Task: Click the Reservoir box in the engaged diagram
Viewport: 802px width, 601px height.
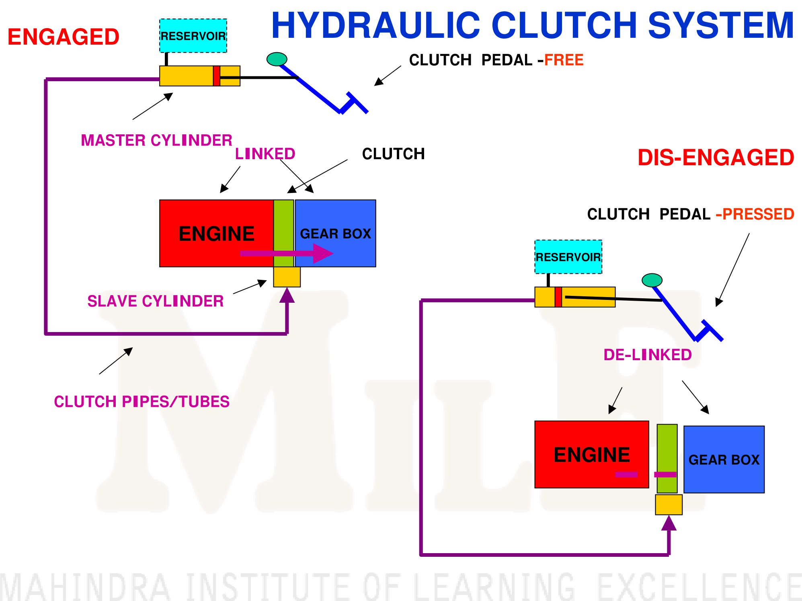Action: pos(193,36)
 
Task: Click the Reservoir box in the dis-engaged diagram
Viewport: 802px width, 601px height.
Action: pos(568,257)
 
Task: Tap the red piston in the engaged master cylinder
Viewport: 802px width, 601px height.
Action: pos(216,76)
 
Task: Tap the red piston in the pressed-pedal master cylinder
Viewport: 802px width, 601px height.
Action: pos(558,297)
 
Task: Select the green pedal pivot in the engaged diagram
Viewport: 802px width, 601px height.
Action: pos(277,59)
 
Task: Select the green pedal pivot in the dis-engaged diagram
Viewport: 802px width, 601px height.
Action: pos(652,280)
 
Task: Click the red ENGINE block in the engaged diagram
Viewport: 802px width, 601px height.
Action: pos(216,233)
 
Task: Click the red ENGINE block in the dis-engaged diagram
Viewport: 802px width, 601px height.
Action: pos(592,454)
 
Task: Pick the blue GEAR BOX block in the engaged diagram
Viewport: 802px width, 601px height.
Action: pos(336,233)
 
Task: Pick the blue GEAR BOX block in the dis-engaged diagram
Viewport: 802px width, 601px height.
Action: pos(724,459)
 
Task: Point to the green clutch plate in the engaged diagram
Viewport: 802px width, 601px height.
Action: pos(284,233)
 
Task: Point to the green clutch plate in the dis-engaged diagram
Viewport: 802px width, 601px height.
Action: pos(667,459)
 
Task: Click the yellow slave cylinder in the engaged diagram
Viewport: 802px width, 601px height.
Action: pos(287,277)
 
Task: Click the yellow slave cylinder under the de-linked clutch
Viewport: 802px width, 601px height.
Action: pos(669,505)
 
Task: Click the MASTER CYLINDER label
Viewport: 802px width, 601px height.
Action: pos(157,140)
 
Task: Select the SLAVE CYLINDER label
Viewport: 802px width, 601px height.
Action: pos(156,301)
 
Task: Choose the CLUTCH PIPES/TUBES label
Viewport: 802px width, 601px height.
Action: pos(142,402)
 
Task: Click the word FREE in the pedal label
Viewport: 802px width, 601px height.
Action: pos(564,60)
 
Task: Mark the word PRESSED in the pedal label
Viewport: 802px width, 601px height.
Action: pos(758,214)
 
